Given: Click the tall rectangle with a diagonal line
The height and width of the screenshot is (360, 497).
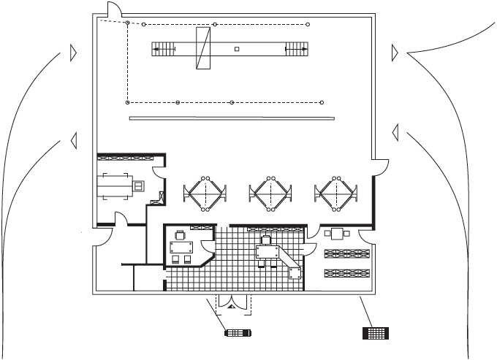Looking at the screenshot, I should pos(203,49).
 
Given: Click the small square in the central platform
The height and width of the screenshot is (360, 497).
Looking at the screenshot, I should pos(236,49).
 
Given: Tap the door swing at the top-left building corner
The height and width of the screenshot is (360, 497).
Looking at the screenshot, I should pos(115,10).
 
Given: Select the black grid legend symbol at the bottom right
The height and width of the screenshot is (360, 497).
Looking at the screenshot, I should pos(376,333).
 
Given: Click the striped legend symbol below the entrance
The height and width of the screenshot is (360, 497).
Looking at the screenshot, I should pos(238,334).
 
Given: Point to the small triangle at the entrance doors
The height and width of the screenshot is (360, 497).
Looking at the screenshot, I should pos(231,308).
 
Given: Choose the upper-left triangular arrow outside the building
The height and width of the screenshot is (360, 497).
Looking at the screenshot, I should pos(72,52).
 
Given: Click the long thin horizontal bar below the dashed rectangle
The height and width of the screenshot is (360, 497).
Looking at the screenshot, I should pos(231,118).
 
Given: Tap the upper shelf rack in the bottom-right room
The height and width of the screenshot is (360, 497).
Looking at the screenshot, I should pos(347,253).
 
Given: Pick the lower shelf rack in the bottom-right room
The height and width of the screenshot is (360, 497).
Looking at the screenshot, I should pos(347,273).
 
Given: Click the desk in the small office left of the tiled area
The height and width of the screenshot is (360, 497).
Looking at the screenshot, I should pos(181,245).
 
